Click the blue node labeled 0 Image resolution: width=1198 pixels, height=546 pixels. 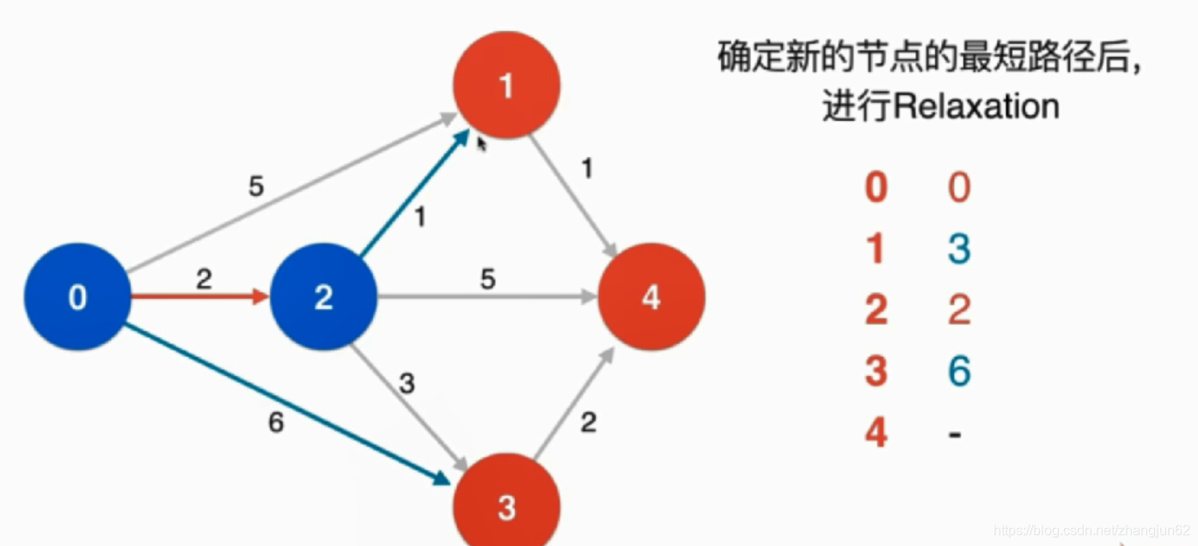coord(77,297)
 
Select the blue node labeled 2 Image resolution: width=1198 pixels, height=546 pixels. coord(324,297)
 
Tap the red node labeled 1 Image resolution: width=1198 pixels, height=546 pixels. coord(506,85)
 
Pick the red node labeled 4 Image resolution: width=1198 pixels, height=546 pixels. coord(651,297)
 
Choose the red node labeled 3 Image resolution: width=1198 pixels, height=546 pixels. coord(506,507)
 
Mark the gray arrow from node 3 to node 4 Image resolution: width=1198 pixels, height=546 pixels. coord(573,403)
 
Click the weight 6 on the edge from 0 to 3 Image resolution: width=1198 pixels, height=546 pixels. coord(275,424)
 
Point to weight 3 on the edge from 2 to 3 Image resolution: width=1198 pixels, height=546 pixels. coord(406,383)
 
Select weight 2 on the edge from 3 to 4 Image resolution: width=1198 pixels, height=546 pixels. coord(588,422)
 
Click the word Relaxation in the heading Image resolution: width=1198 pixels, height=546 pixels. coord(976,106)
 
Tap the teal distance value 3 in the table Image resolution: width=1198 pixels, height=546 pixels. coord(958,249)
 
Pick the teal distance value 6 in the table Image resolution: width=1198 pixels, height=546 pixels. coord(958,371)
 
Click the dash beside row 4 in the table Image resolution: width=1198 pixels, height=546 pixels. coord(955,434)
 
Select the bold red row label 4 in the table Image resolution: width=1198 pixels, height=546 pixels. coord(876,433)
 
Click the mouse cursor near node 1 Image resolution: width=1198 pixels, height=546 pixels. coord(481,143)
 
